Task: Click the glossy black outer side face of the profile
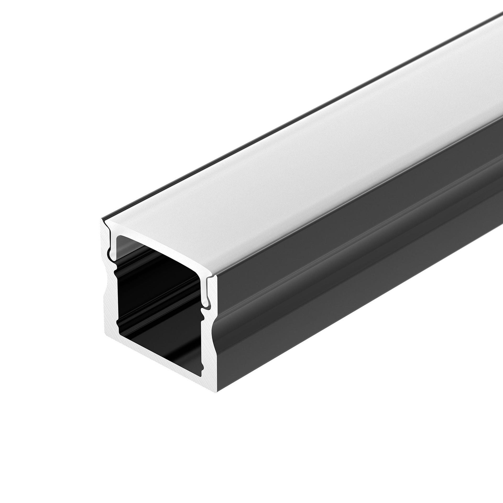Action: [341, 275]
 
